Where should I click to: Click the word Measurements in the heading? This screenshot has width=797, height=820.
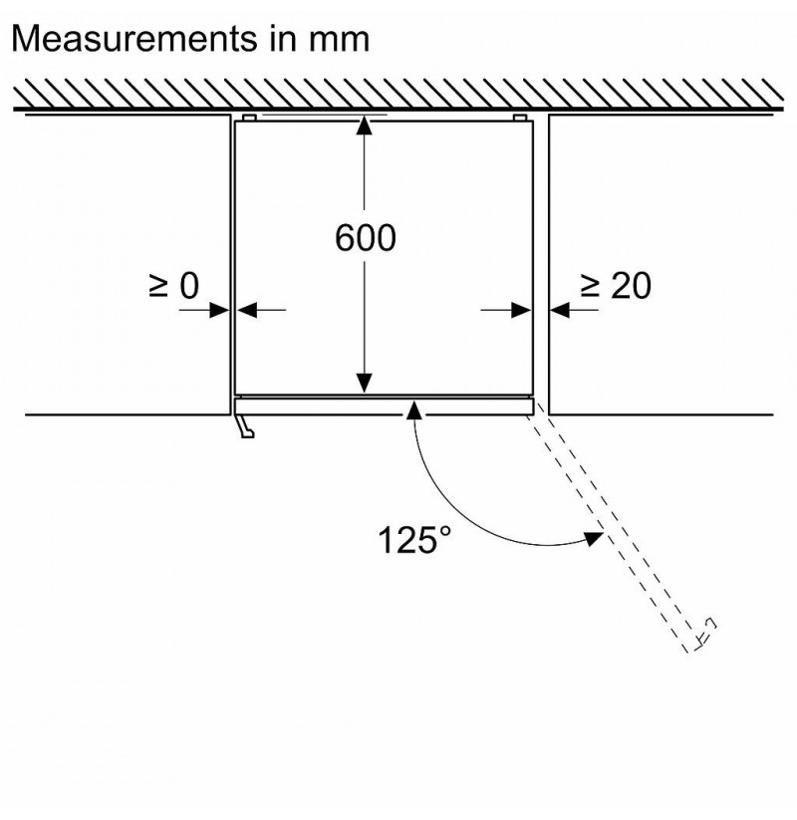(x=134, y=38)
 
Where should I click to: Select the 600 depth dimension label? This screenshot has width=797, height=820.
(x=365, y=238)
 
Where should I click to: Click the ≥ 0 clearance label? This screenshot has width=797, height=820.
(x=173, y=286)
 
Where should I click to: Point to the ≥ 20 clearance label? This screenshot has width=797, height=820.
(x=616, y=286)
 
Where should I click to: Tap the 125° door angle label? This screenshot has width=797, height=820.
(x=414, y=540)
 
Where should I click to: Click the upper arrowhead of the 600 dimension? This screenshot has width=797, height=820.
(x=365, y=126)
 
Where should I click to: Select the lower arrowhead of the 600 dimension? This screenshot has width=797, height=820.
(x=365, y=384)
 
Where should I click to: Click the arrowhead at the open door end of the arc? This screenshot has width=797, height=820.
(x=594, y=538)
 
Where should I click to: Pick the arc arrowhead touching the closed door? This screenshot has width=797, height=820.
(x=414, y=410)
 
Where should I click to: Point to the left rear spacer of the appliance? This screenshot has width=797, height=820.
(x=249, y=118)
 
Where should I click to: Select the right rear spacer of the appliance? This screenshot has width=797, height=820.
(x=519, y=118)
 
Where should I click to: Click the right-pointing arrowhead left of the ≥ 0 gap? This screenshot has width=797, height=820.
(x=219, y=310)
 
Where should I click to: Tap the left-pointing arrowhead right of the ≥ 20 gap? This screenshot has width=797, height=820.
(x=560, y=310)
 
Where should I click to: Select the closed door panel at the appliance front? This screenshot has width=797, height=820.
(x=385, y=407)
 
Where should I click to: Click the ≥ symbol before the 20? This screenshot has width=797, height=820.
(x=591, y=286)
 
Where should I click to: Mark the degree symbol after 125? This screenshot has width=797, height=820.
(x=445, y=531)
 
